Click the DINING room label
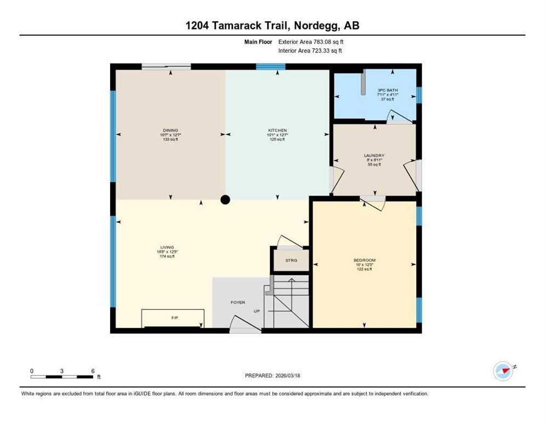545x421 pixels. click(x=171, y=130)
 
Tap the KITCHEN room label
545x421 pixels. click(x=277, y=130)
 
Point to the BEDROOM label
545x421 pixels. click(x=364, y=260)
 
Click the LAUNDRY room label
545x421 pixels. click(x=374, y=155)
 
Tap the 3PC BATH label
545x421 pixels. click(x=388, y=90)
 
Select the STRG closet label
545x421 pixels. click(x=291, y=260)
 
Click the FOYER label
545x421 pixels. click(x=238, y=303)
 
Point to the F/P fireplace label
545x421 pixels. click(x=174, y=318)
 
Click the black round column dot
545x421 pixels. click(x=225, y=200)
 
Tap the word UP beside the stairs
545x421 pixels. click(x=257, y=311)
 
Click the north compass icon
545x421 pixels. click(x=503, y=371)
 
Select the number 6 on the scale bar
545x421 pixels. click(x=93, y=371)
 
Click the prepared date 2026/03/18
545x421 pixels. click(x=287, y=376)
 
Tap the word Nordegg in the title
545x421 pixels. click(x=317, y=26)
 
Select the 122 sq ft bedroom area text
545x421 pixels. click(x=364, y=269)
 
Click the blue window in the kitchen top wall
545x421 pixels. click(x=271, y=67)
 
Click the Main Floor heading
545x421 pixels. click(x=258, y=42)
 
